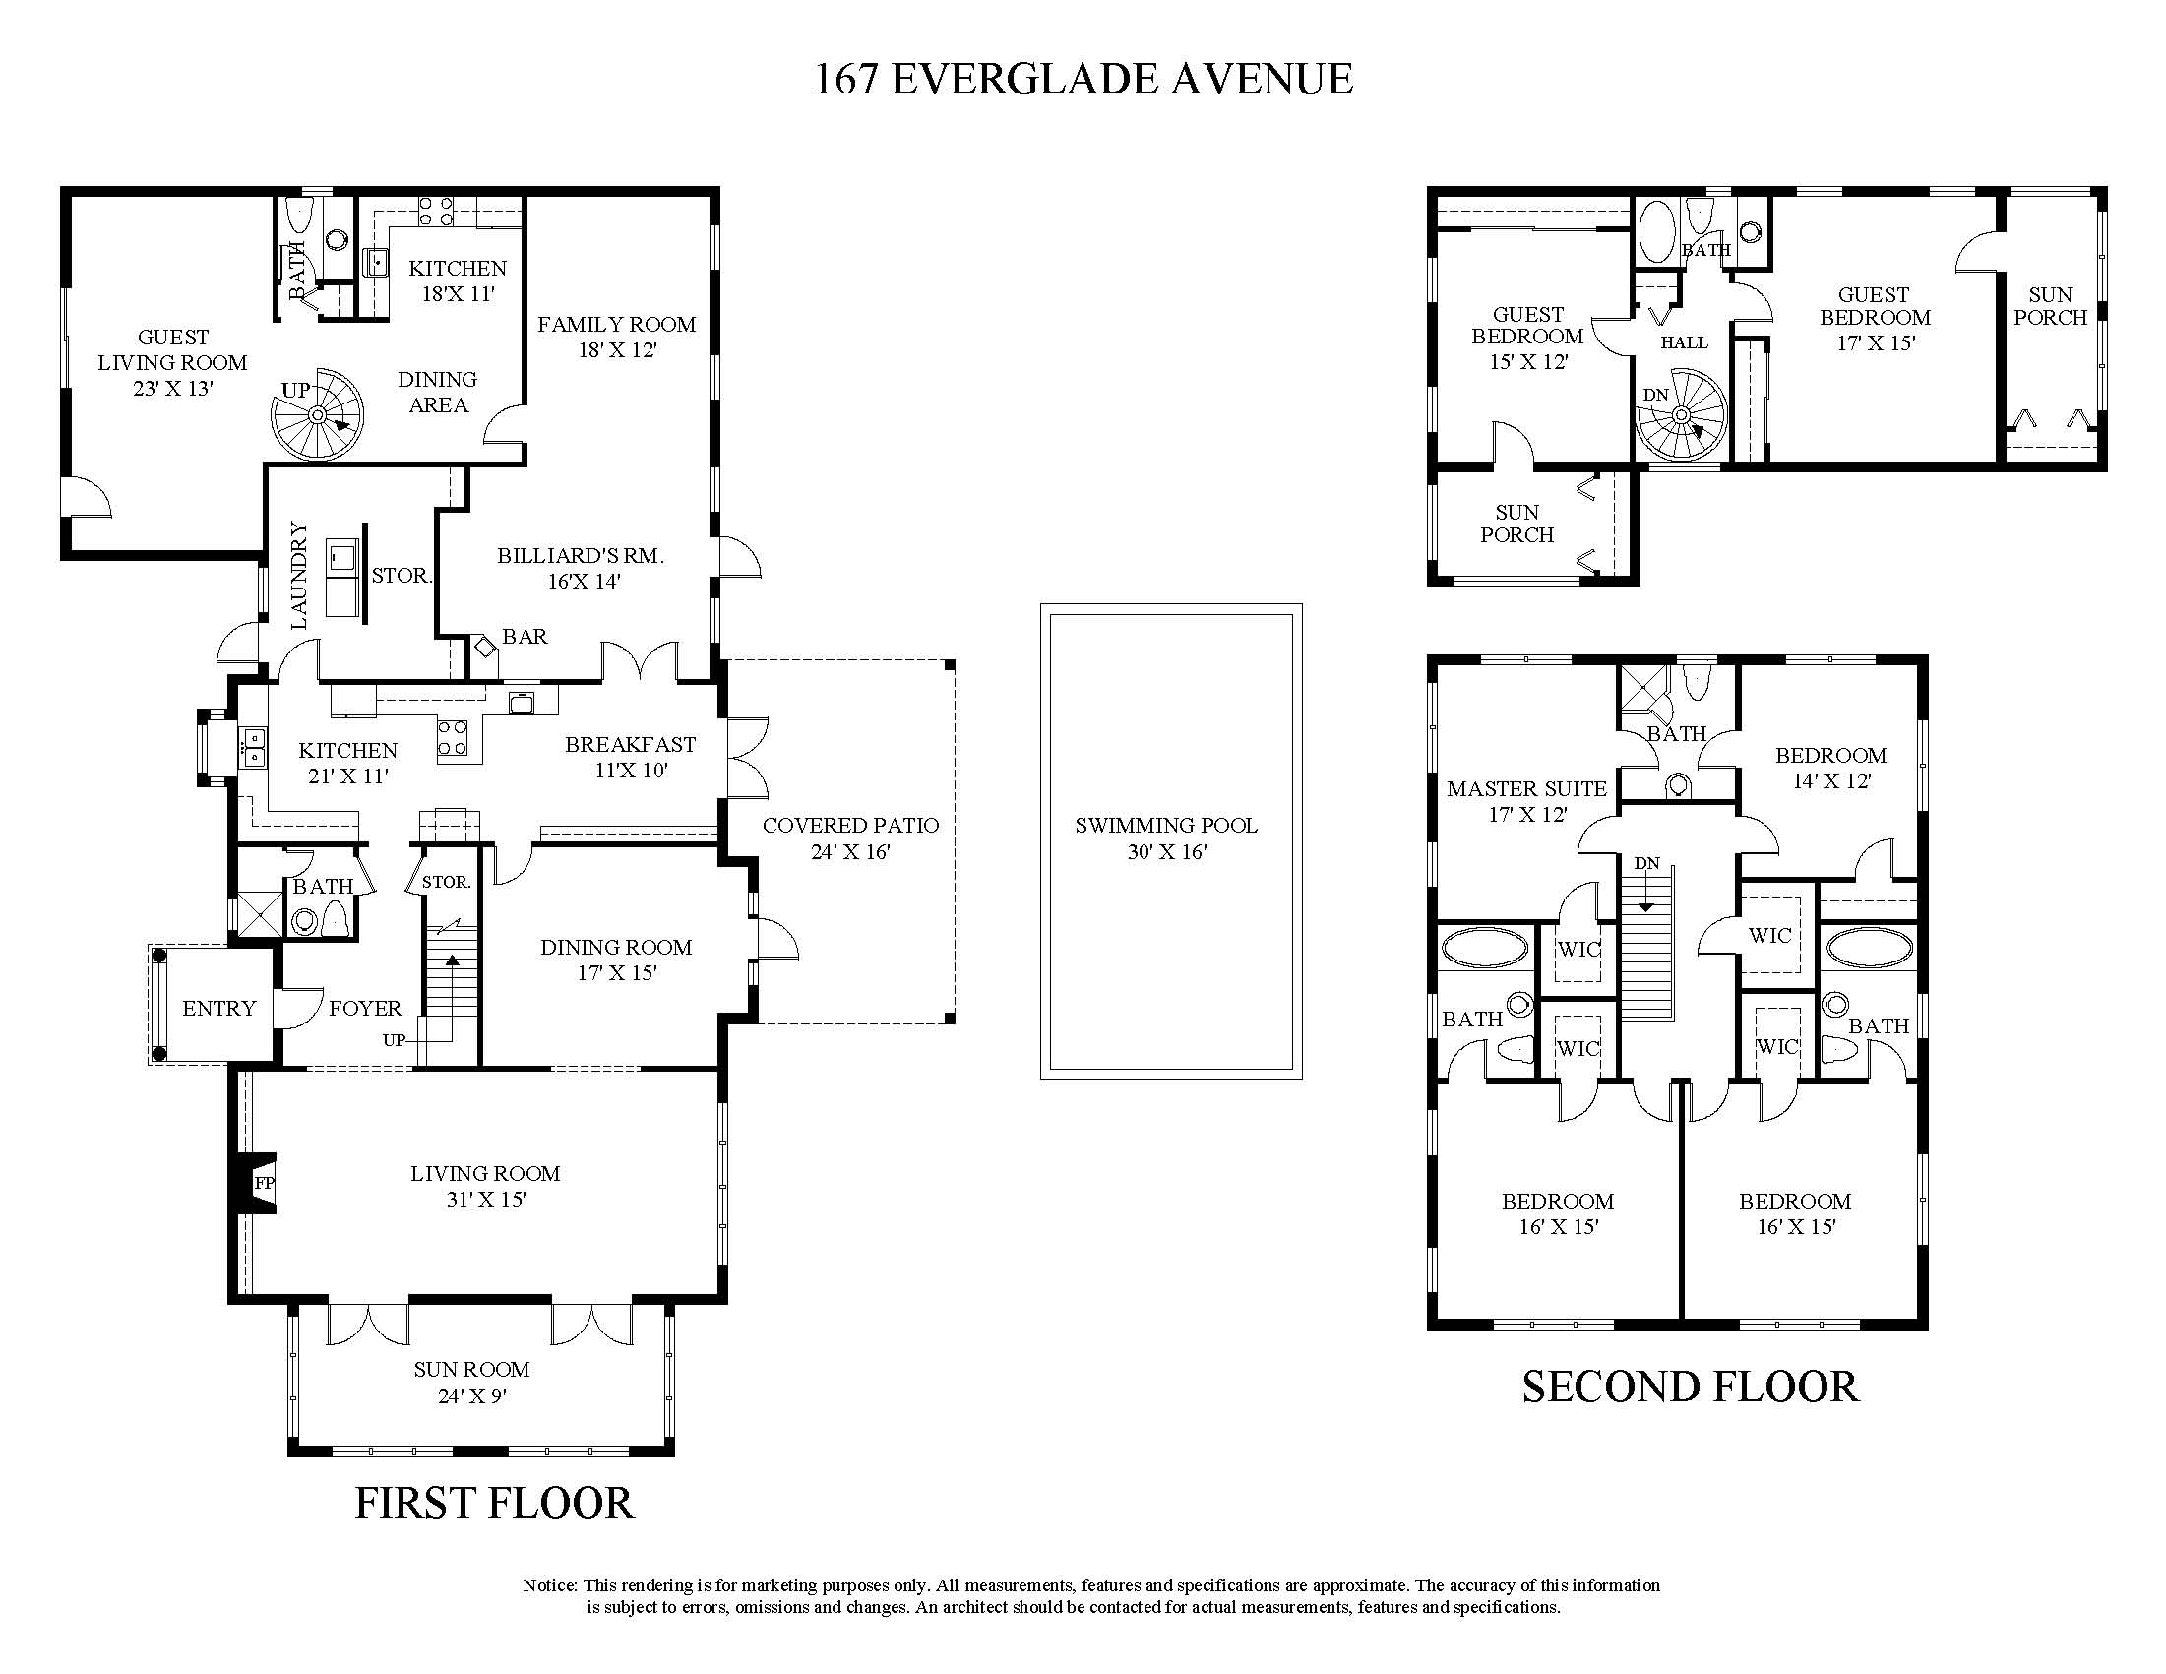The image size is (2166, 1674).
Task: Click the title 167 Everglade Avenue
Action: (x=1083, y=80)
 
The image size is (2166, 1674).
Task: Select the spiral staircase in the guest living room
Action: (x=318, y=414)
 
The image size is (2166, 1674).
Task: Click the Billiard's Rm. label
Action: (x=582, y=568)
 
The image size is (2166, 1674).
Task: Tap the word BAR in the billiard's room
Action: (x=525, y=637)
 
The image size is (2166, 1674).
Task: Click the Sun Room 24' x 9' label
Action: (x=472, y=1383)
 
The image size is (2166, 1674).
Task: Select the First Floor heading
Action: (x=494, y=1504)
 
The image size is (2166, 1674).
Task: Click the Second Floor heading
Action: (x=1690, y=1388)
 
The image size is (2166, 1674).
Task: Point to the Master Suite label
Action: (x=1526, y=801)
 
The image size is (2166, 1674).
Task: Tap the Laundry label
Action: (x=298, y=575)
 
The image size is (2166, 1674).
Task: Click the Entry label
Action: (x=219, y=1009)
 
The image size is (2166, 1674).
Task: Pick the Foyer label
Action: (x=366, y=1009)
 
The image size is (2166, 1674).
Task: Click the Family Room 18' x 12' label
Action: (x=617, y=337)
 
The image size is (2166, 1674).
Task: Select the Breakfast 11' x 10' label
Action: (x=631, y=757)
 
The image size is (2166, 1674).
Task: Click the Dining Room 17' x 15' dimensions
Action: (x=617, y=973)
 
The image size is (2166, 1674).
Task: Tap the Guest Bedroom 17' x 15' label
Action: (x=1876, y=318)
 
